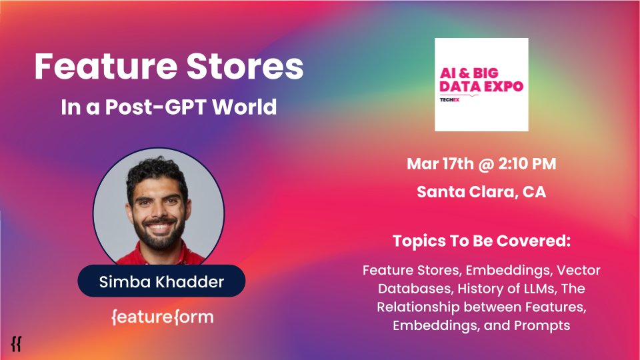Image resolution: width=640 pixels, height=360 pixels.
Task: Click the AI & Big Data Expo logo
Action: click(481, 84)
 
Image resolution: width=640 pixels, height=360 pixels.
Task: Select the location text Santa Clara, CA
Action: click(481, 192)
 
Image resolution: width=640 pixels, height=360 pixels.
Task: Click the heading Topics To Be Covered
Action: click(481, 241)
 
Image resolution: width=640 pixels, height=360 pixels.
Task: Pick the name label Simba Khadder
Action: click(161, 281)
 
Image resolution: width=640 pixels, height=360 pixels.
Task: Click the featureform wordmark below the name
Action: click(162, 317)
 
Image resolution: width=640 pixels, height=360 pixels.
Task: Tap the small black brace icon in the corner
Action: click(16, 343)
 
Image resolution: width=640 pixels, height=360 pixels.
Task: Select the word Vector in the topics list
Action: click(578, 271)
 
